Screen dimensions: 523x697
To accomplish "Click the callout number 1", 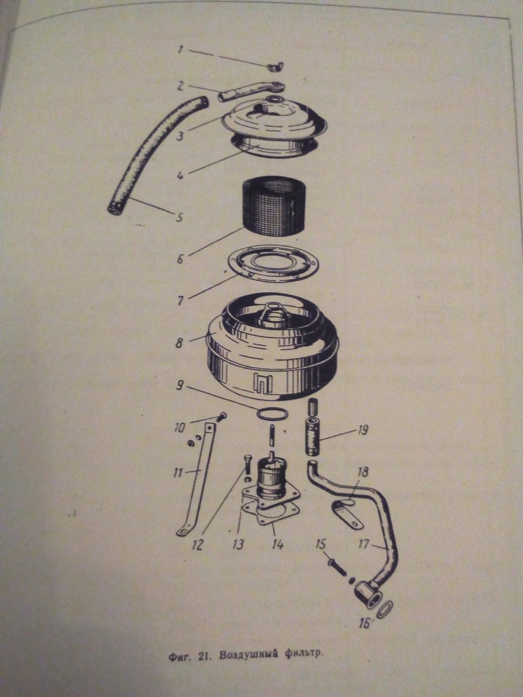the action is pos(181,50).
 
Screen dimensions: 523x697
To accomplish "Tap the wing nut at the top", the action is pos(275,67).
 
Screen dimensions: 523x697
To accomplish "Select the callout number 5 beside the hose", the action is pos(179,218).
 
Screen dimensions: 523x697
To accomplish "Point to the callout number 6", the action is pos(180,260).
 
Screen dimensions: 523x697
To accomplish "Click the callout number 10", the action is pos(180,428).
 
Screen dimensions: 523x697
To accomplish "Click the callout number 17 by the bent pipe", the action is pos(363,544).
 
